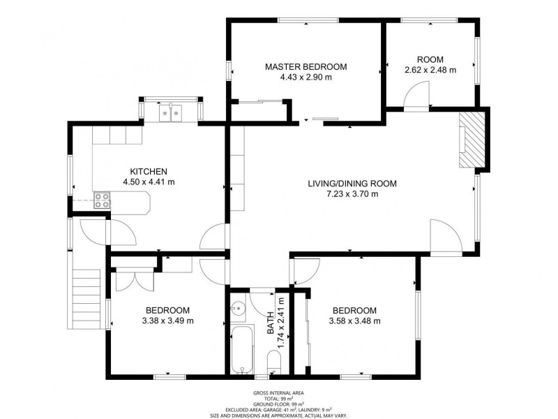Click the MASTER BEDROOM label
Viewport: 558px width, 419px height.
[306, 67]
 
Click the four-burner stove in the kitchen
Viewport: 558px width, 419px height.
[102, 200]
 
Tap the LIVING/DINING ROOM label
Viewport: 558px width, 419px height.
[352, 184]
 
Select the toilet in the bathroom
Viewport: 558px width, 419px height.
[274, 361]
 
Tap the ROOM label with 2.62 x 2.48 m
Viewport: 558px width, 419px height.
[430, 59]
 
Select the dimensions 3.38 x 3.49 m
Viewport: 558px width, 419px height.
[167, 321]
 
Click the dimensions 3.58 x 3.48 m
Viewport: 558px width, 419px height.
[354, 321]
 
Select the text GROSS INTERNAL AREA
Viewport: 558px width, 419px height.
[279, 393]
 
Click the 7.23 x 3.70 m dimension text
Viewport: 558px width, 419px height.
[352, 194]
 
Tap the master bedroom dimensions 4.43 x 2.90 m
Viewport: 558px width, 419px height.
[306, 78]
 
